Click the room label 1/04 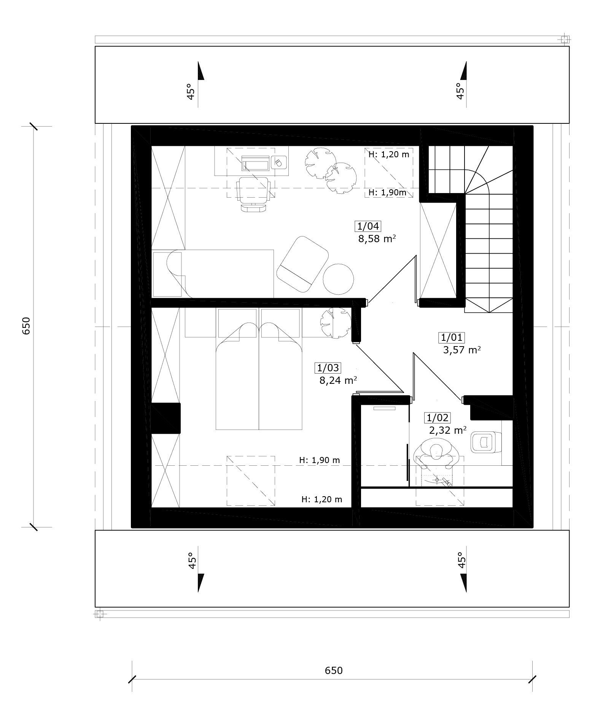pos(368,226)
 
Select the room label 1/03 pos(328,368)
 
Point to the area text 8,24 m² pos(338,380)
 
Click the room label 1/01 pos(452,337)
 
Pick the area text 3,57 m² pos(462,350)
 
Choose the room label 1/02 pos(438,418)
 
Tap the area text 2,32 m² pos(448,430)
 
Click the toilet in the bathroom pos(485,442)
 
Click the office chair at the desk pos(253,193)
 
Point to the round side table pos(338,279)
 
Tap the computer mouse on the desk pos(278,163)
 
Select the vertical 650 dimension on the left pos(26,326)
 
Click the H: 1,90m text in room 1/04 pos(387,192)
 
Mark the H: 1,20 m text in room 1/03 pos(322,499)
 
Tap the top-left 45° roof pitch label pos(191,91)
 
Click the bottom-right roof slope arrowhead pos(463,583)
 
